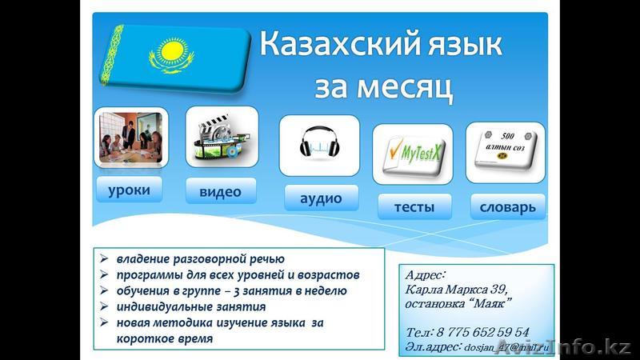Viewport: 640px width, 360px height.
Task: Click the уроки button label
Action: pos(128,190)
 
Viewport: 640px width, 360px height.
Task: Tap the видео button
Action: pos(222,191)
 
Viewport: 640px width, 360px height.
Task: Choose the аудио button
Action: pos(321,198)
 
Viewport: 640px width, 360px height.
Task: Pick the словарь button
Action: pos(507,207)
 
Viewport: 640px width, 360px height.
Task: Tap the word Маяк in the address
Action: pos(491,303)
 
